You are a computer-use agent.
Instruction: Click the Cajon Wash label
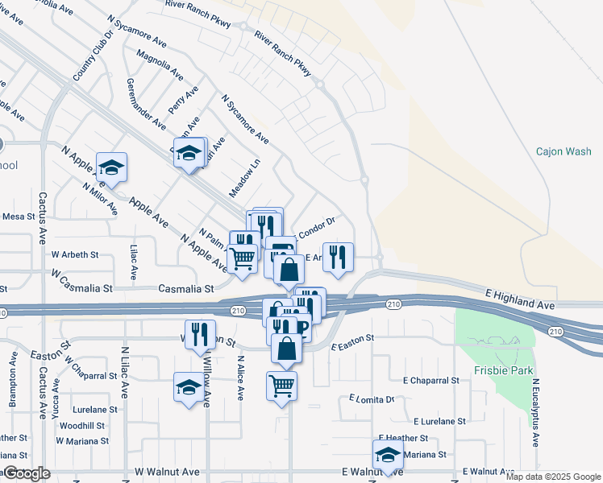point(563,151)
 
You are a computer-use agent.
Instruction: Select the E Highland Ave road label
point(520,301)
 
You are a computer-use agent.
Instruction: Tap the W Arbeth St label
point(75,254)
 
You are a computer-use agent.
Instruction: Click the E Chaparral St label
point(431,380)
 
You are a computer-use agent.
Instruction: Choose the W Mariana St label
point(82,441)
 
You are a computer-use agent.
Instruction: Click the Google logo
point(27,473)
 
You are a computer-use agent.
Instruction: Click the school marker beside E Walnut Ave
point(388,454)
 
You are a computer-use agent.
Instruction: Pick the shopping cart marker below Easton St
point(281,386)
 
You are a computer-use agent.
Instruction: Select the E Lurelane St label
point(439,421)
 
